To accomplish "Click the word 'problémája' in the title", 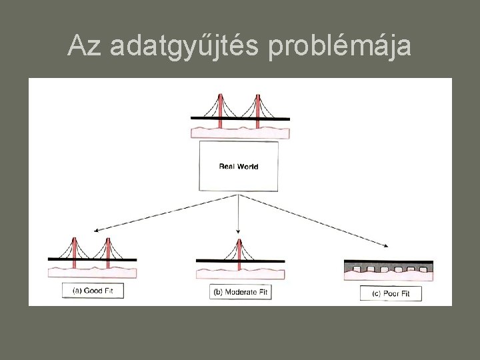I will coord(341,46).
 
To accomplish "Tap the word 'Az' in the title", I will coord(84,46).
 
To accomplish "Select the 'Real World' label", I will coord(239,166).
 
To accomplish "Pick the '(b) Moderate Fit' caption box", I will coord(241,291).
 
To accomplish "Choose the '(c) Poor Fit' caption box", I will coord(391,293).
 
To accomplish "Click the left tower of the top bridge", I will coord(221,107).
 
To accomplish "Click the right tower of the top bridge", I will coord(258,107).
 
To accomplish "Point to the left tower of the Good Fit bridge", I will coord(75,247).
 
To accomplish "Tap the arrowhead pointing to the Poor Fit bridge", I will coord(386,245).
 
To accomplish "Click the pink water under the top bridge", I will coord(240,131).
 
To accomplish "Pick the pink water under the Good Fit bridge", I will coord(92,272).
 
